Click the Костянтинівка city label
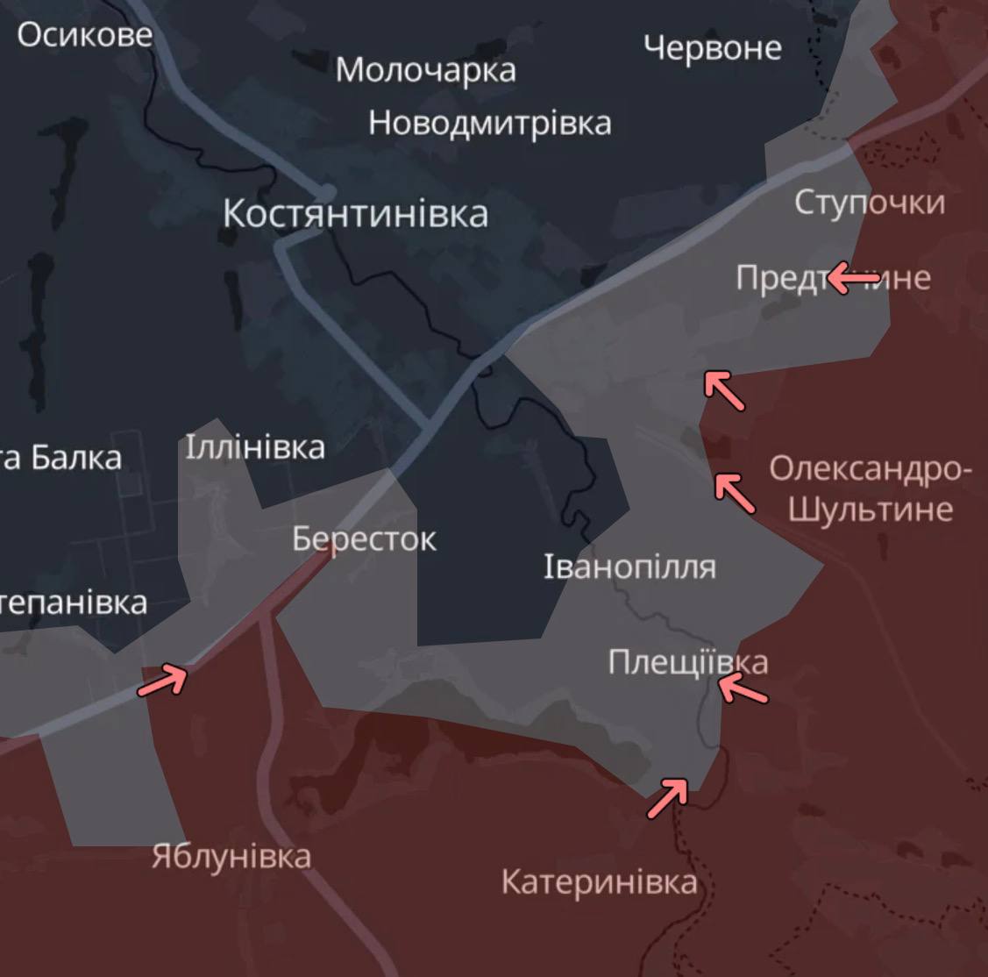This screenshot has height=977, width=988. pyautogui.click(x=355, y=214)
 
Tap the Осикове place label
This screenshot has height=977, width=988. pyautogui.click(x=84, y=35)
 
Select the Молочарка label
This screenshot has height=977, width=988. pyautogui.click(x=425, y=70)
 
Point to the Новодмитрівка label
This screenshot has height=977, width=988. pyautogui.click(x=489, y=123)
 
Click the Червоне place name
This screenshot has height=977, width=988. pyautogui.click(x=712, y=47)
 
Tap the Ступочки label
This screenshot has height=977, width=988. pyautogui.click(x=870, y=203)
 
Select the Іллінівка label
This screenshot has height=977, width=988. pyautogui.click(x=254, y=448)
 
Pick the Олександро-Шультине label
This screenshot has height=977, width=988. pyautogui.click(x=871, y=489)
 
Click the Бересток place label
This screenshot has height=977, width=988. pyautogui.click(x=364, y=538)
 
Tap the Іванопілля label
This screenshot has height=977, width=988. pyautogui.click(x=629, y=567)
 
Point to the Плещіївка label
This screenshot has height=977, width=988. pyautogui.click(x=688, y=662)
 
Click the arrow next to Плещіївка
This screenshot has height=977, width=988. pyautogui.click(x=743, y=689)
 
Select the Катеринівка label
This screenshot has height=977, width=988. pyautogui.click(x=599, y=881)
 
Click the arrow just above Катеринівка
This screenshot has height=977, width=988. pyautogui.click(x=668, y=799)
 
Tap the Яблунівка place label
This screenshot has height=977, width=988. pyautogui.click(x=231, y=856)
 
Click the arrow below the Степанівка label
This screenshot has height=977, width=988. pyautogui.click(x=163, y=681)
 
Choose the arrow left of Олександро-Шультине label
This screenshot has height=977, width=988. pyautogui.click(x=735, y=492)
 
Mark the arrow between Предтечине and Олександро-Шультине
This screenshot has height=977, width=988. pyautogui.click(x=725, y=390)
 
